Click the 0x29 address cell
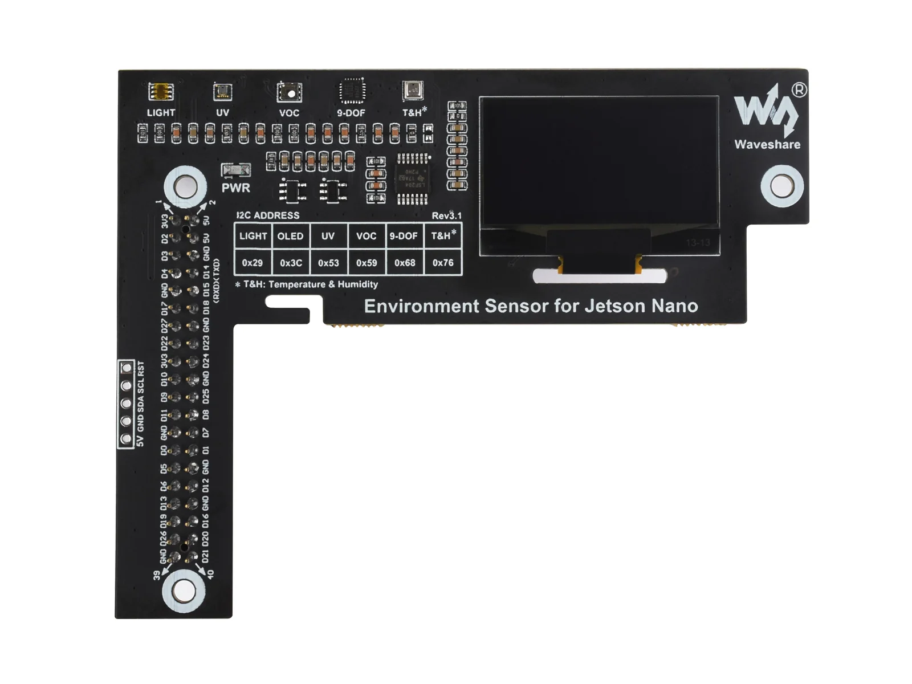click(x=252, y=263)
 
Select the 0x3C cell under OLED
click(x=291, y=263)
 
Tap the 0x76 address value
click(x=443, y=263)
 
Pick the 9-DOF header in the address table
click(x=404, y=236)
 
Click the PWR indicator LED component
click(x=235, y=170)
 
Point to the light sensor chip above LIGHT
click(x=161, y=91)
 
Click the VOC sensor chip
click(x=289, y=92)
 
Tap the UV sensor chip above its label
click(x=222, y=92)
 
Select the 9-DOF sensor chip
click(x=352, y=91)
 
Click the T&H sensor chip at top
click(x=412, y=90)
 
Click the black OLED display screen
click(x=598, y=162)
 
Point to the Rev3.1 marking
click(x=446, y=215)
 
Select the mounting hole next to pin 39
click(x=184, y=591)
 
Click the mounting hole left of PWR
click(x=185, y=186)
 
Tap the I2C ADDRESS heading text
click(x=268, y=215)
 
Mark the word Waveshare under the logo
click(x=767, y=145)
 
